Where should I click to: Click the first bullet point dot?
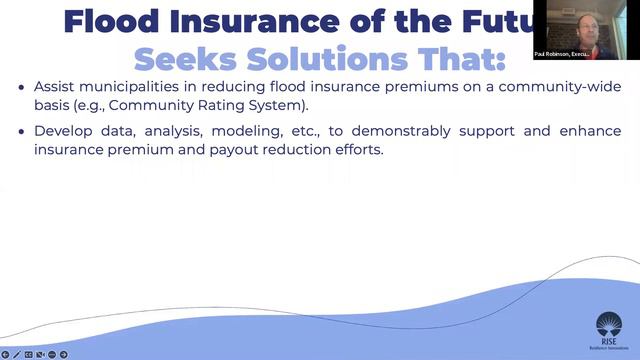click(22, 88)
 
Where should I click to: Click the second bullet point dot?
click(22, 132)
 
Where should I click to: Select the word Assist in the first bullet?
click(54, 87)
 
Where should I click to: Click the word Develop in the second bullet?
click(61, 131)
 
